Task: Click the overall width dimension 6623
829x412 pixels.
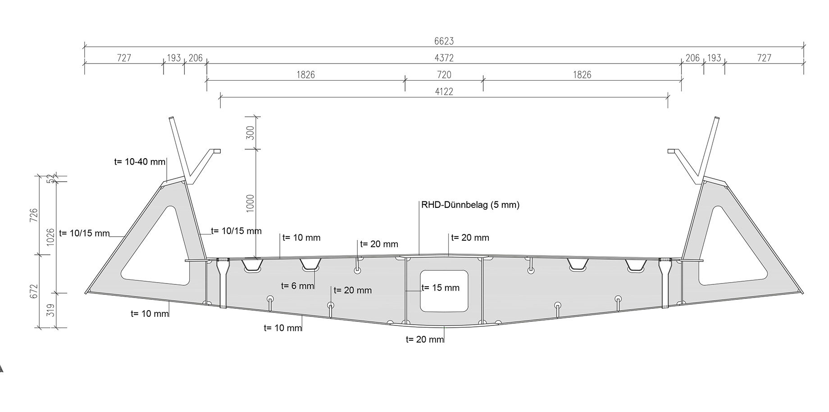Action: click(444, 41)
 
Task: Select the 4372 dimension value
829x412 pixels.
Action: click(444, 58)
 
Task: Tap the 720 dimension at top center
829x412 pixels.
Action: click(444, 74)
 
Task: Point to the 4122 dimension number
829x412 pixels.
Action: click(444, 92)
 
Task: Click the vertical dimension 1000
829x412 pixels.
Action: click(251, 203)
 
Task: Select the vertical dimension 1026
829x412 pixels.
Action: click(50, 236)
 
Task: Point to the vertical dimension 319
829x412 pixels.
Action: click(50, 310)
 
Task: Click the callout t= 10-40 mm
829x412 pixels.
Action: click(140, 162)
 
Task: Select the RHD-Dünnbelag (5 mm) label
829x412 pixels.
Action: click(470, 205)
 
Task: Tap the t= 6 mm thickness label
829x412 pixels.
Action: click(297, 286)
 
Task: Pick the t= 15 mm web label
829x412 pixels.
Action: click(440, 288)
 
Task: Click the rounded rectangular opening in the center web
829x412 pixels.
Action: click(444, 291)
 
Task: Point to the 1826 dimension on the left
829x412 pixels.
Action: click(305, 74)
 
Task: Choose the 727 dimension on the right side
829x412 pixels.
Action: click(764, 58)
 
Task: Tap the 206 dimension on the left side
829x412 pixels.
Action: click(196, 58)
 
